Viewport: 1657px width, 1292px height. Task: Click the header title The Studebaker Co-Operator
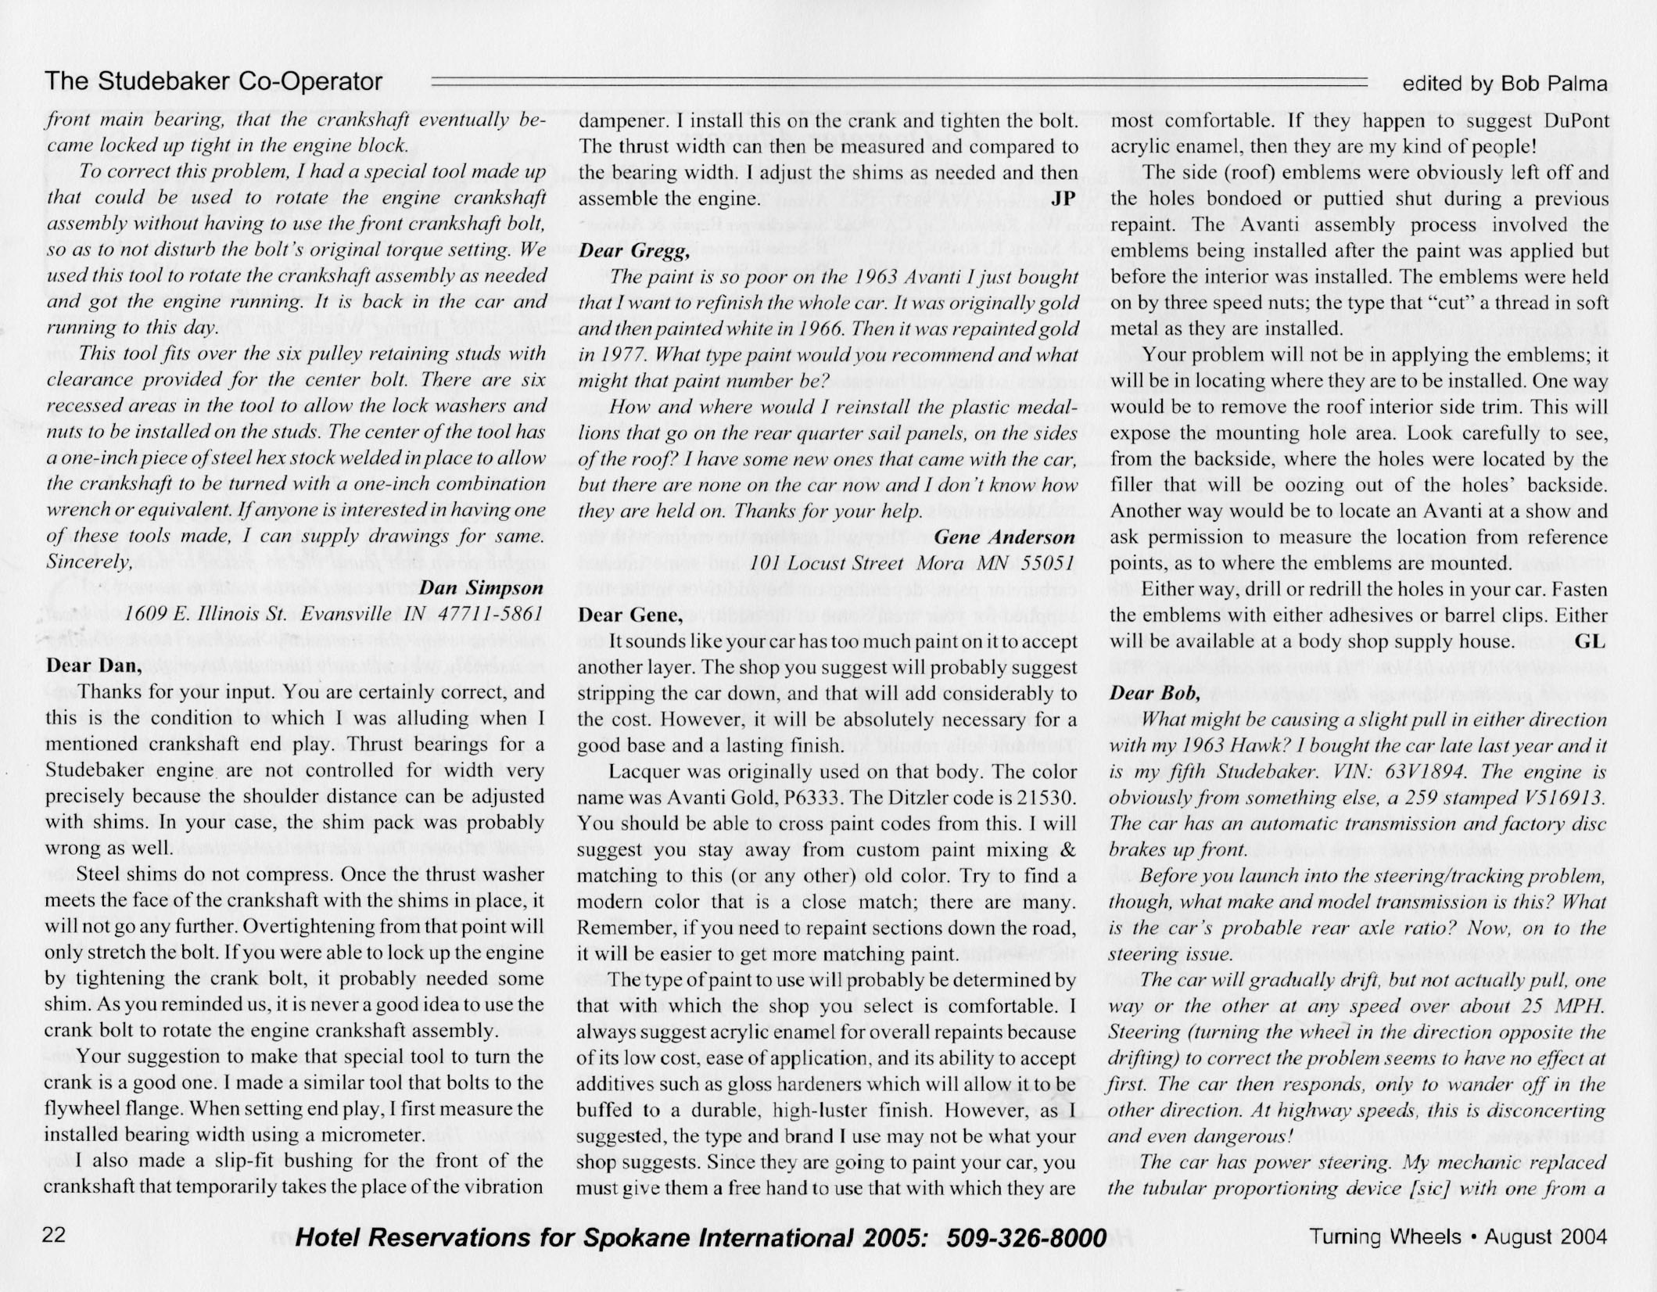213,81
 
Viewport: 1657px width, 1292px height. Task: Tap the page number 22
55,1236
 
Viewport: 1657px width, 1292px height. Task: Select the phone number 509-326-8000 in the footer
1027,1237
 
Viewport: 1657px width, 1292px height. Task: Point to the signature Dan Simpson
481,587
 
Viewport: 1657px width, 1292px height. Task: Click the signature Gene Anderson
1004,537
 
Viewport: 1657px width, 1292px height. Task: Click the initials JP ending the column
1063,199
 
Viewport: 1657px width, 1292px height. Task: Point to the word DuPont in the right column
1576,120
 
